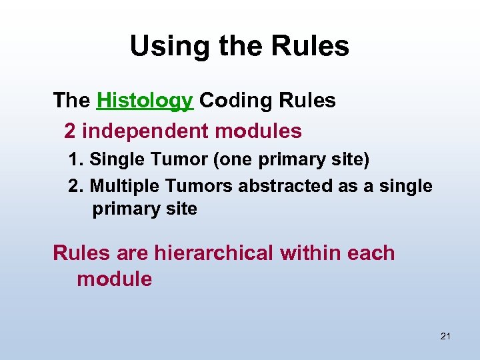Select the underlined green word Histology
pyautogui.click(x=145, y=101)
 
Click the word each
pyautogui.click(x=372, y=253)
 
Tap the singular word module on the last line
pyautogui.click(x=115, y=279)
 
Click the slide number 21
pyautogui.click(x=445, y=336)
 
